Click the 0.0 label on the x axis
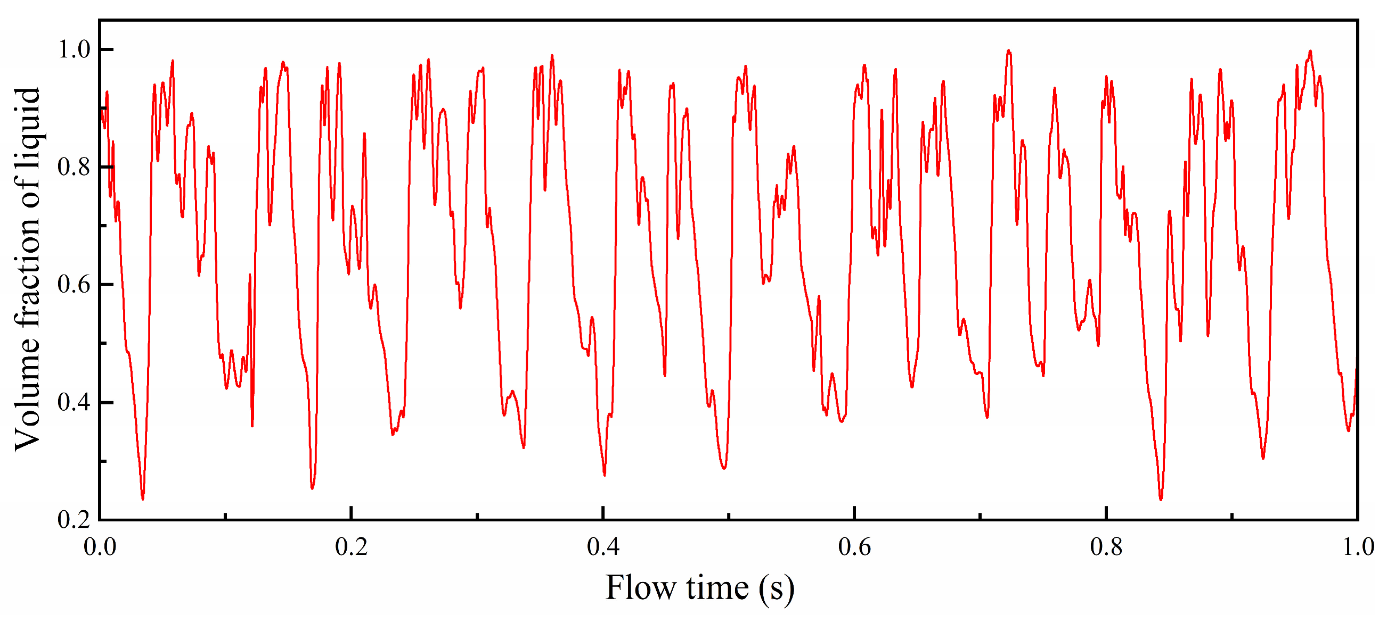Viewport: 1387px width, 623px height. click(100, 547)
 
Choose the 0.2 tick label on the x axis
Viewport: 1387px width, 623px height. click(352, 547)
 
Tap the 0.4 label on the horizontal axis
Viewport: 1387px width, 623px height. click(603, 547)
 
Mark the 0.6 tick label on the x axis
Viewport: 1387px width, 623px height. click(854, 547)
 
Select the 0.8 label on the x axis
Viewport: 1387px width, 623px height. click(1106, 547)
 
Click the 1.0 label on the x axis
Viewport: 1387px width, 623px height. click(1357, 547)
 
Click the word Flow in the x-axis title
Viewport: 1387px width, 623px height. click(640, 587)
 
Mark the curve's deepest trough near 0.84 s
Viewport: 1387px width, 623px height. click(1160, 499)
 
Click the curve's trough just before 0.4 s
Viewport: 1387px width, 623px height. click(604, 475)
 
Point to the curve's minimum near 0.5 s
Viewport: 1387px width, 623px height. click(724, 468)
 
